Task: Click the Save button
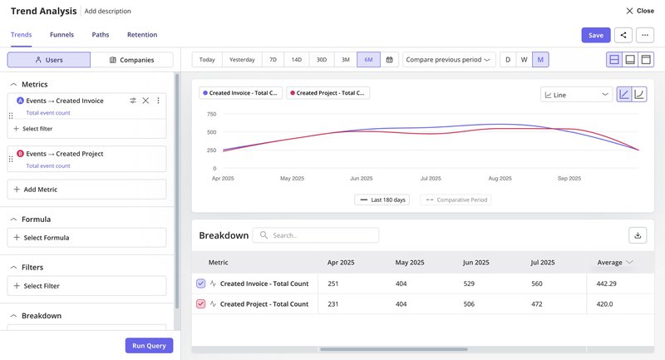595,35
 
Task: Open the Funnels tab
62,35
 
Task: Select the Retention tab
142,35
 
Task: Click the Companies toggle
132,60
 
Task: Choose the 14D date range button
297,60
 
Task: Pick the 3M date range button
345,60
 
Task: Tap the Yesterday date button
242,60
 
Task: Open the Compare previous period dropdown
449,60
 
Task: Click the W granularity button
524,60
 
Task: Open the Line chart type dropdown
577,95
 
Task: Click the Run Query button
150,346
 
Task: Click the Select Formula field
86,238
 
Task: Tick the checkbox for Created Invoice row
200,284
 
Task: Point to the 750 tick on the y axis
211,114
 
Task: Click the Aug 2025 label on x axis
500,178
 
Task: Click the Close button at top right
639,11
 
